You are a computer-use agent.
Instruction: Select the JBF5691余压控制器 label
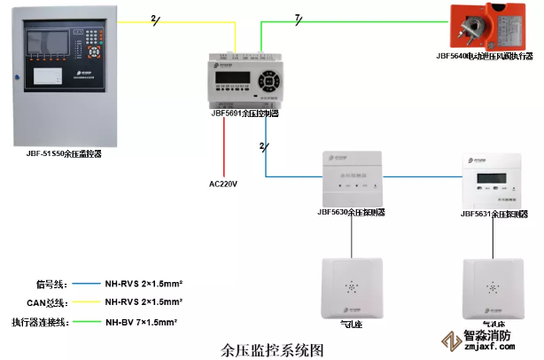coord(245,113)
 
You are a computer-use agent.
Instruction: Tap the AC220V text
coord(223,184)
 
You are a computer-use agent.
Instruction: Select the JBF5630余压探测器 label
coord(350,213)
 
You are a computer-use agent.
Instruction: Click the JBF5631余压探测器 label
coord(493,214)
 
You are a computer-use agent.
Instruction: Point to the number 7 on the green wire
coord(299,17)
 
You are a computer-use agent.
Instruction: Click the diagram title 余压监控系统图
coord(272,348)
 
